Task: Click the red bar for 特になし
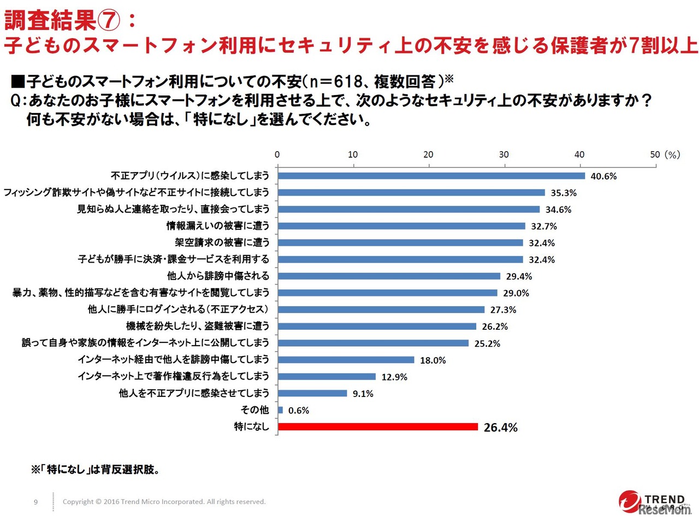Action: click(x=378, y=426)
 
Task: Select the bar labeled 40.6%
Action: click(x=431, y=176)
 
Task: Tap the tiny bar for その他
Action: click(x=280, y=410)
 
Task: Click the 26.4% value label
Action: click(x=500, y=428)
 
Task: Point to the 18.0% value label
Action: click(x=433, y=360)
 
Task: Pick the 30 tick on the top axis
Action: click(x=503, y=155)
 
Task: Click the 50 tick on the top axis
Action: click(x=655, y=155)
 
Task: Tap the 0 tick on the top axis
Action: click(x=277, y=155)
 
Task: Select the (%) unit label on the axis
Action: click(x=672, y=155)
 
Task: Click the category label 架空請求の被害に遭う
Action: click(x=222, y=242)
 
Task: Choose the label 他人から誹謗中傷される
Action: click(x=218, y=276)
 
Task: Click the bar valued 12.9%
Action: click(x=327, y=377)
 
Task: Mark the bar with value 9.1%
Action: click(x=312, y=393)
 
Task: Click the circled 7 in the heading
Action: click(x=109, y=21)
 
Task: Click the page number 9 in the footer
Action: click(x=36, y=502)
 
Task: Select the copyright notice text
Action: click(x=164, y=502)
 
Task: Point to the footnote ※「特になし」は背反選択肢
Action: click(x=96, y=470)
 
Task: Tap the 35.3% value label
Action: click(x=563, y=193)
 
